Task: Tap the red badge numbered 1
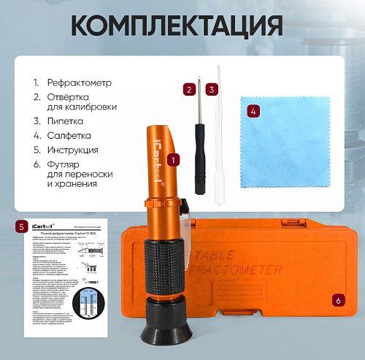(173, 158)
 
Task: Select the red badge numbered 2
(190, 89)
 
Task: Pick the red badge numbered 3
(211, 89)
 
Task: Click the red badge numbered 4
(253, 112)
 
